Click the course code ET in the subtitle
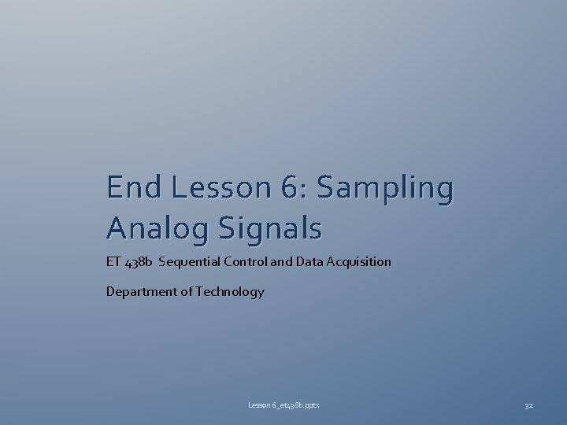pos(113,261)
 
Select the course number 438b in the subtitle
pos(139,262)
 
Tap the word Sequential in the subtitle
pos(187,262)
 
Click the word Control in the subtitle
pos(243,261)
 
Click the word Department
pos(140,292)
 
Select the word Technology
pos(229,293)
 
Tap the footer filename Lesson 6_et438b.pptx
pos(284,405)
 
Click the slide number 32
pos(528,405)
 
